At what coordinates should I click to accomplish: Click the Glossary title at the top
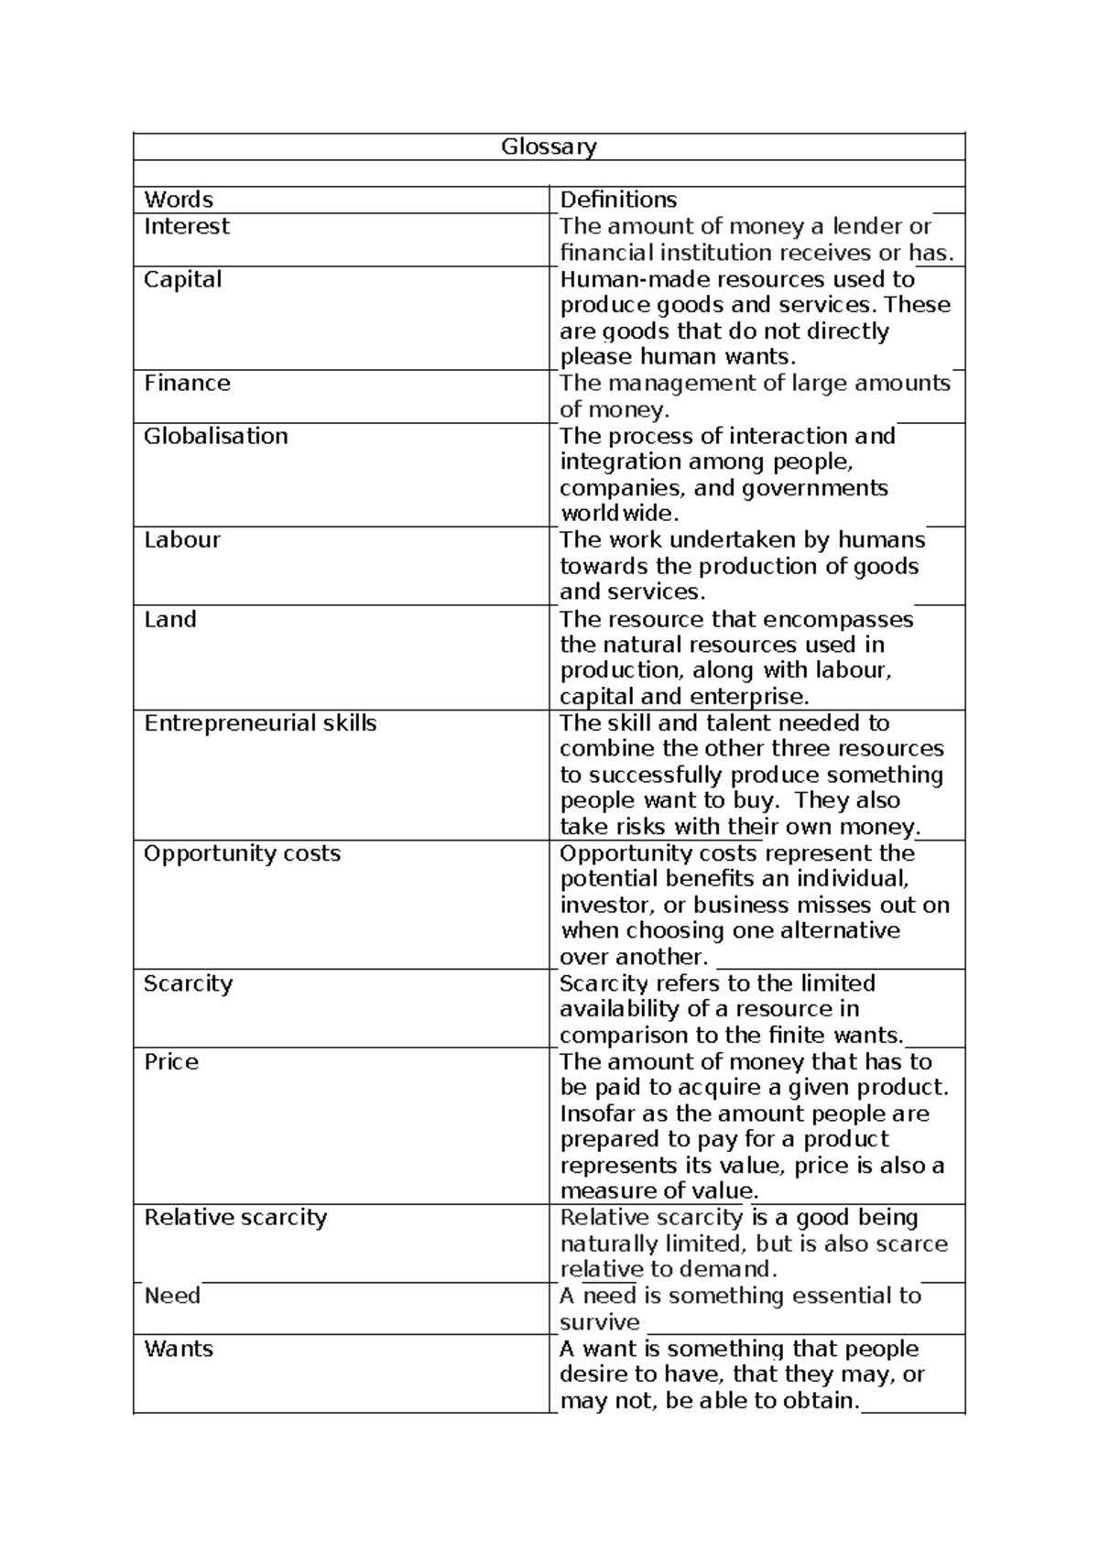click(x=549, y=147)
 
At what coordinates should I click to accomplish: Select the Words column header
click(x=179, y=200)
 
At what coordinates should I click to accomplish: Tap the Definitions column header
click(x=618, y=200)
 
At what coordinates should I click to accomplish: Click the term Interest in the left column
click(x=187, y=226)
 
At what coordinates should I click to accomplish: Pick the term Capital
click(x=182, y=279)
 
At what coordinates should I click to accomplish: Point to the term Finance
click(x=187, y=383)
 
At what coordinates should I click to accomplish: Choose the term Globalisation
click(x=216, y=436)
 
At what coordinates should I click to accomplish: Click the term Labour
click(x=182, y=539)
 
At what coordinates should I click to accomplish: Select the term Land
click(x=170, y=619)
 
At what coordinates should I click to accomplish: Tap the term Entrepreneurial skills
click(x=260, y=723)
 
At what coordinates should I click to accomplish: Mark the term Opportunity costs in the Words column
click(x=242, y=853)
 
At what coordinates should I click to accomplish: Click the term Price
click(x=171, y=1062)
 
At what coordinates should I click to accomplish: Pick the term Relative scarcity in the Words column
click(x=235, y=1218)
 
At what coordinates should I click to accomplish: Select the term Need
click(x=172, y=1296)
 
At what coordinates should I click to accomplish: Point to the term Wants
click(x=179, y=1349)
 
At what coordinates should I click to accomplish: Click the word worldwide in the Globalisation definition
click(x=619, y=513)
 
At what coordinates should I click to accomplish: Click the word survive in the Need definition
click(x=600, y=1322)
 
